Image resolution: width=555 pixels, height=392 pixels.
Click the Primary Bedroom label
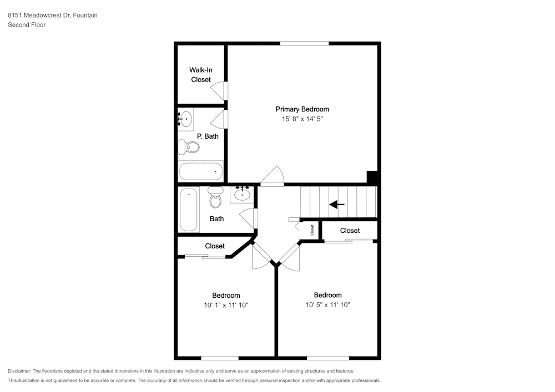coord(302,109)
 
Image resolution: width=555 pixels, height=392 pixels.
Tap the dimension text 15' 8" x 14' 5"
coord(302,119)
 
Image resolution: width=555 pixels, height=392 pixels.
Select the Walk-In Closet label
coord(201,75)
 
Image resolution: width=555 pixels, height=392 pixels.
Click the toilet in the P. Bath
coord(190,147)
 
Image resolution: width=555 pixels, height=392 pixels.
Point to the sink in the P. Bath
coord(186,118)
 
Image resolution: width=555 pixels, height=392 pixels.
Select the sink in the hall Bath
coord(242,194)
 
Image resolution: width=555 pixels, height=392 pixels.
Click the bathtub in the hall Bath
coord(188,210)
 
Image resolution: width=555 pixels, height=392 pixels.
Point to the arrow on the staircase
coord(337,205)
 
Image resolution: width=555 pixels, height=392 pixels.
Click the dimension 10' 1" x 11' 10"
coord(226,305)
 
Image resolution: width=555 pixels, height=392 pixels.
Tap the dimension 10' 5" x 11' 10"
coord(327,304)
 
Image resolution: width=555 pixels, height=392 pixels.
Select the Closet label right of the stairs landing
coord(350,230)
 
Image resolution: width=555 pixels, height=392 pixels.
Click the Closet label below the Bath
coord(215,246)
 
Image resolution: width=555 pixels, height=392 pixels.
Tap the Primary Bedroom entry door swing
coord(273,176)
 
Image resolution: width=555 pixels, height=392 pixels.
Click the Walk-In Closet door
coord(220,91)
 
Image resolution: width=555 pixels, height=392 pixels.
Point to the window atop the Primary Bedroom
coord(304,43)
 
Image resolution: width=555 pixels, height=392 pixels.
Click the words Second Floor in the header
coord(27,25)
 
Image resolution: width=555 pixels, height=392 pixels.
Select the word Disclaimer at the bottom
coord(20,371)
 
